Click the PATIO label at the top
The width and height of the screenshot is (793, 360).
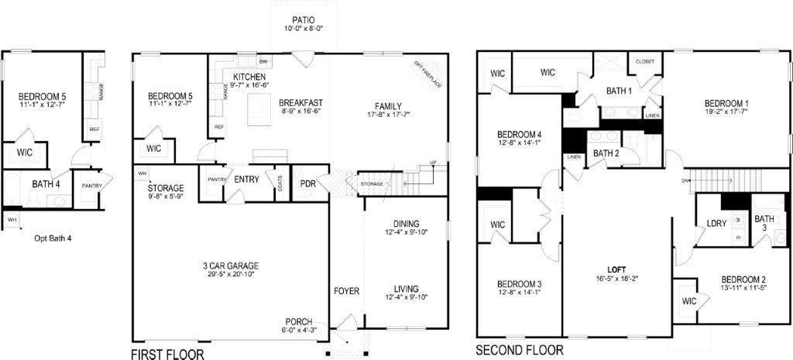[302, 19]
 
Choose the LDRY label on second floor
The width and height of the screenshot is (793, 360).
[716, 224]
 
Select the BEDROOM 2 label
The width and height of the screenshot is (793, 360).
[743, 279]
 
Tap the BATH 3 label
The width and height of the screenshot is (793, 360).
[764, 223]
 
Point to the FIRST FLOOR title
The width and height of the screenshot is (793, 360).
[168, 354]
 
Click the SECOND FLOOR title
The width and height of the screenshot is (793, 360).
[520, 349]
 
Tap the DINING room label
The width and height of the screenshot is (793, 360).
[406, 222]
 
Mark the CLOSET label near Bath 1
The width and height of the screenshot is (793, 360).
[645, 61]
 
